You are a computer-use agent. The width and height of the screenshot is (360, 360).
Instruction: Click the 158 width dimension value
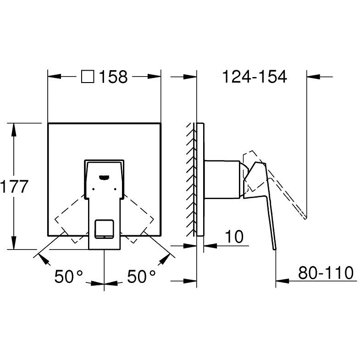point(112,77)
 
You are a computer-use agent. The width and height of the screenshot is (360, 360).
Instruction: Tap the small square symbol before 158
point(88,77)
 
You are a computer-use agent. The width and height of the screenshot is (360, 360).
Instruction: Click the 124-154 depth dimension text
point(254,77)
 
